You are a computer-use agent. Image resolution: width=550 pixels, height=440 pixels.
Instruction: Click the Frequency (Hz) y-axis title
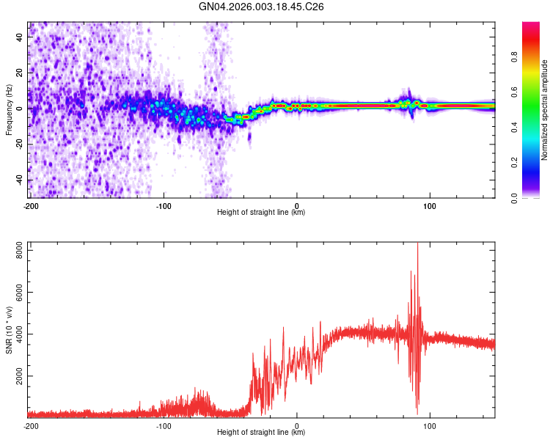tap(9, 109)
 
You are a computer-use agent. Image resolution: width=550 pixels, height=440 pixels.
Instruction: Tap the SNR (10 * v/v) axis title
tap(9, 329)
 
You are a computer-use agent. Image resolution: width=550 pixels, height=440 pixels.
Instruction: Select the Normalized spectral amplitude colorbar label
tap(545, 110)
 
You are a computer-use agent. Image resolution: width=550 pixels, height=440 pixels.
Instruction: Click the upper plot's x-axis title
tap(261, 212)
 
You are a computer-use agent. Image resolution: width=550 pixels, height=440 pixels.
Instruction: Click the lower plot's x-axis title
tap(261, 432)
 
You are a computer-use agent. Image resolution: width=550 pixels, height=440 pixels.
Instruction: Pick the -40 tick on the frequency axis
tap(20, 180)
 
